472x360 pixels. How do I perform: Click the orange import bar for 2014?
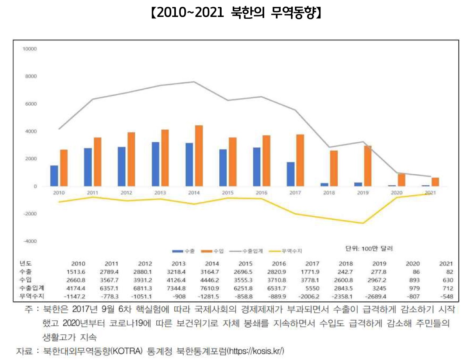199,156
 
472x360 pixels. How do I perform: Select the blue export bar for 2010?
54,176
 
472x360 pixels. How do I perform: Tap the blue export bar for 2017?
291,174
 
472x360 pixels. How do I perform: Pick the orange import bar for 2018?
334,168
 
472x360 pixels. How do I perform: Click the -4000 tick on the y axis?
30,241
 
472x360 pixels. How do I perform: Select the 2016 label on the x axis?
261,193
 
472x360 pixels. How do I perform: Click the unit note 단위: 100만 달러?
369,249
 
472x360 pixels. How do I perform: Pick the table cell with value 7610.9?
212,288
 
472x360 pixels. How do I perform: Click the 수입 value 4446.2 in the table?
212,280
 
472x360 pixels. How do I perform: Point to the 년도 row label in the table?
26,263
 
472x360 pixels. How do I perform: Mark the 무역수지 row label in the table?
32,296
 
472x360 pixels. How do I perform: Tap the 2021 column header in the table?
446,264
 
